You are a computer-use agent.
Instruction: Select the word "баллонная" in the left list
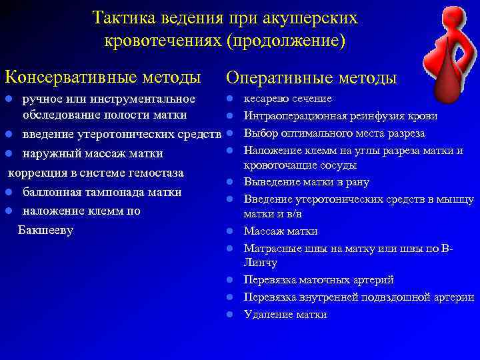53,193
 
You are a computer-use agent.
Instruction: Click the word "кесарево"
265,99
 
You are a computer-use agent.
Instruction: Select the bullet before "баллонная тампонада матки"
9,193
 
